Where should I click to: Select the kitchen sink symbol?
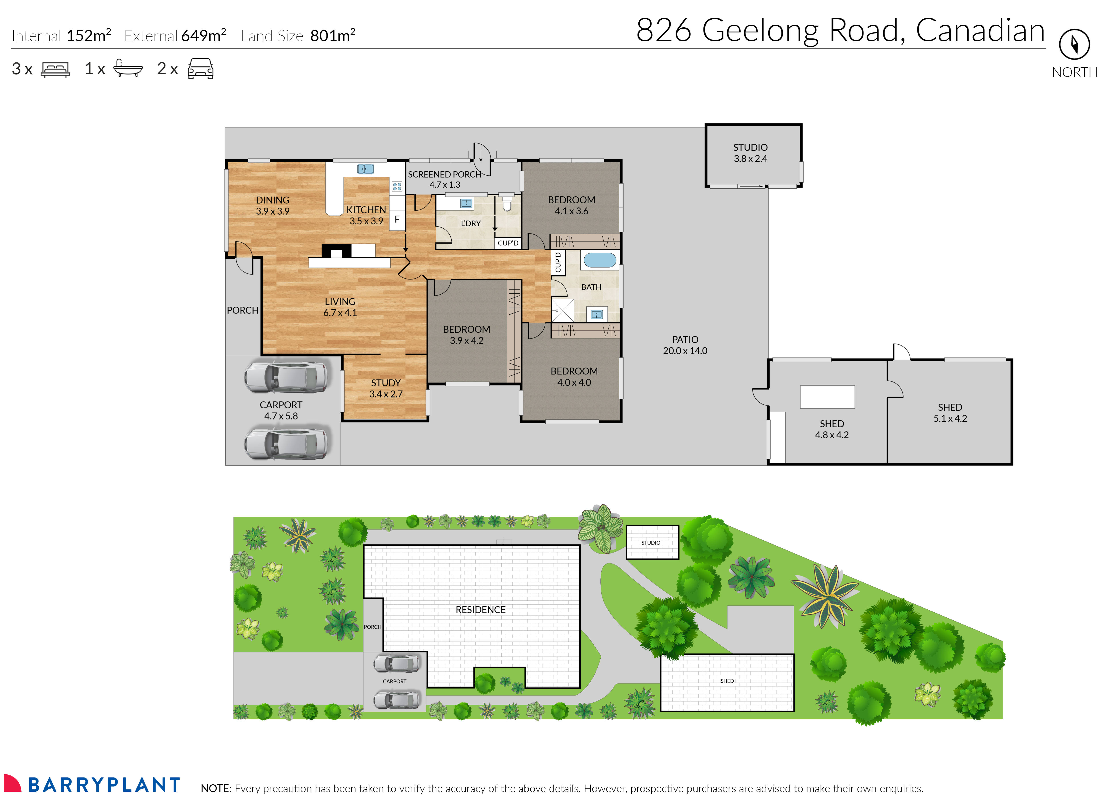coord(365,169)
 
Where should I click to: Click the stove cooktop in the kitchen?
coord(397,186)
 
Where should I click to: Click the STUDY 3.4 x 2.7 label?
coord(386,388)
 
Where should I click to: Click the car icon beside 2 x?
coord(200,69)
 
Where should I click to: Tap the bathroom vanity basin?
coord(597,314)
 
